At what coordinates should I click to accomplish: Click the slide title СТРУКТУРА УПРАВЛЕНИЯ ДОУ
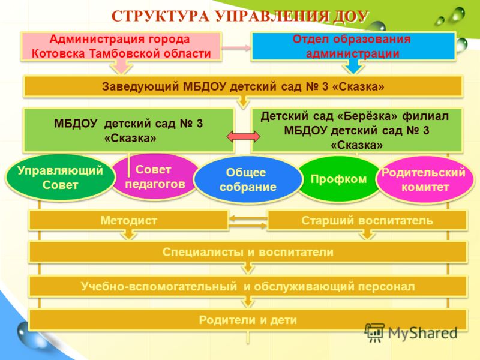tap(239, 16)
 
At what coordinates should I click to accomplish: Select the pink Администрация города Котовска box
tap(121, 46)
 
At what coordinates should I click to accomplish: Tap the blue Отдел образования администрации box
tap(353, 46)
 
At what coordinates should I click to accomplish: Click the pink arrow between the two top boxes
tap(236, 47)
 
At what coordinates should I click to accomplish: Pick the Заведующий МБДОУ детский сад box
tap(243, 86)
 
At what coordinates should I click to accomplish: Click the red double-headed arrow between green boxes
tap(244, 137)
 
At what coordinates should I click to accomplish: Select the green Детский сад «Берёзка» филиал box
tap(356, 130)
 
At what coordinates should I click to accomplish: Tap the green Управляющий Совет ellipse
tap(60, 178)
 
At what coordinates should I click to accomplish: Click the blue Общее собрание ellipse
tap(248, 179)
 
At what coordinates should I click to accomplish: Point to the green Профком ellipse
tap(338, 179)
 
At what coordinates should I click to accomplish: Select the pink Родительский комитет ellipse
tap(424, 179)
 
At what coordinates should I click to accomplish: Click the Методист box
tap(128, 220)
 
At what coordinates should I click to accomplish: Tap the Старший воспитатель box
tap(367, 220)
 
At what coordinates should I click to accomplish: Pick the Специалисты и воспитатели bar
tap(248, 252)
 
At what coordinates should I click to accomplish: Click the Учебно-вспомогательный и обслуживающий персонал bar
tap(248, 287)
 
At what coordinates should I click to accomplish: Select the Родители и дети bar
tap(248, 320)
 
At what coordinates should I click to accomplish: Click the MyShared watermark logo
tap(411, 333)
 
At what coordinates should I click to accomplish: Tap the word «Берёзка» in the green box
tap(368, 116)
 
